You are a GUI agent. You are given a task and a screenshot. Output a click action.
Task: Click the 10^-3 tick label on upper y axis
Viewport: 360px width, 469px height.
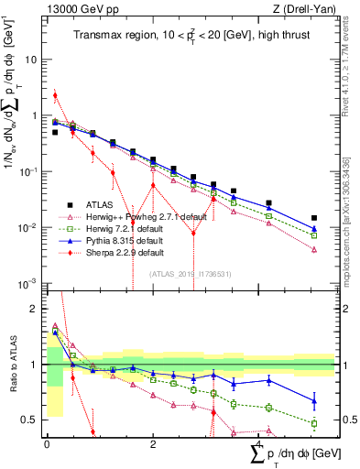click(x=29, y=283)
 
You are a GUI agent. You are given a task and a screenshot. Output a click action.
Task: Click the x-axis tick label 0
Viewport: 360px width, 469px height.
click(x=47, y=443)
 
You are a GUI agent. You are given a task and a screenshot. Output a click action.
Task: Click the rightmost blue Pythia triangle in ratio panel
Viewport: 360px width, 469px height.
click(x=314, y=400)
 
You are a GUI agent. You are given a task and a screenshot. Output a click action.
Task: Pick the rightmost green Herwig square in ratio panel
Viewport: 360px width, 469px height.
click(x=314, y=423)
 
